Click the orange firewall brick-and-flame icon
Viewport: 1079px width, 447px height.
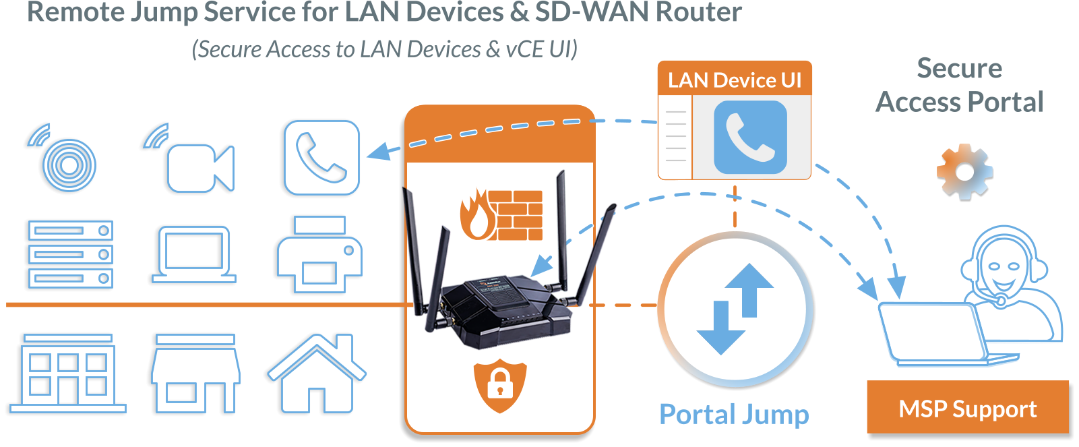(501, 215)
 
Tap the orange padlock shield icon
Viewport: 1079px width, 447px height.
(499, 386)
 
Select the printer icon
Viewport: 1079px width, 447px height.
(320, 255)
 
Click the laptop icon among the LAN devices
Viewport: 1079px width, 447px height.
(194, 255)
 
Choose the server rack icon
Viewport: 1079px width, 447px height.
(71, 255)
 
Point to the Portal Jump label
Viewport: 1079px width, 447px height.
(734, 414)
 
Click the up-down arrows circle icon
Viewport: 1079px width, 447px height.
(735, 309)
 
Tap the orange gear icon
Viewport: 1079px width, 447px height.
(964, 171)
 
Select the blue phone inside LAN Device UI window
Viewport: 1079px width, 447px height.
(750, 138)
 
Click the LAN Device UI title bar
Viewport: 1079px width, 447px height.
(735, 80)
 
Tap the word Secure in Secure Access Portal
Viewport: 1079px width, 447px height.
(959, 68)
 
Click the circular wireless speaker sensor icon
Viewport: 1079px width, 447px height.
(68, 164)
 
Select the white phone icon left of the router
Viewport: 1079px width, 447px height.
(321, 158)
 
